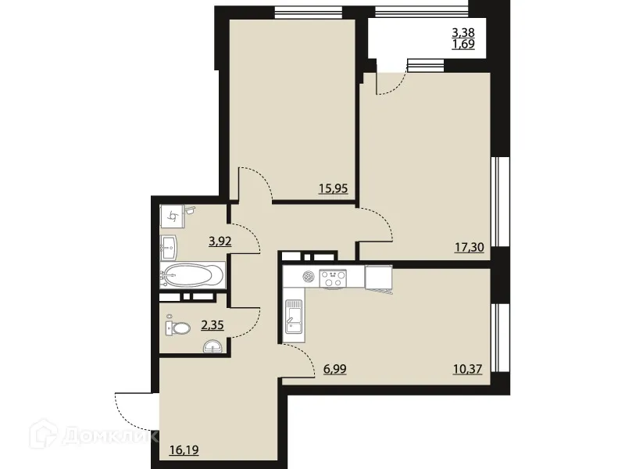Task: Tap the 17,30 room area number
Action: (x=468, y=248)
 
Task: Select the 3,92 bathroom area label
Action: (x=220, y=242)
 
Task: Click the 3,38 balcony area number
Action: (x=463, y=33)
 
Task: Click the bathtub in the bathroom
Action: (x=193, y=274)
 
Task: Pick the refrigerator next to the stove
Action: (x=378, y=277)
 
